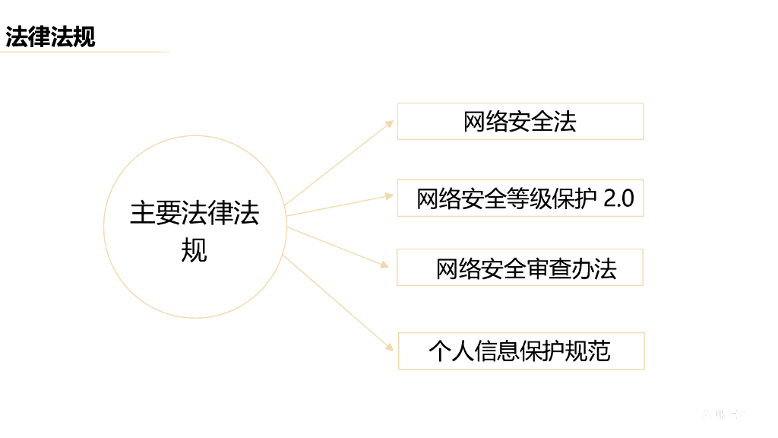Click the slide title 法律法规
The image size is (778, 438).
click(x=51, y=36)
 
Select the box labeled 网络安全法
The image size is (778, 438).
click(x=520, y=122)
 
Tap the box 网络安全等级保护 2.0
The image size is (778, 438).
click(x=520, y=199)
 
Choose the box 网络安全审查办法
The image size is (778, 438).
click(x=520, y=268)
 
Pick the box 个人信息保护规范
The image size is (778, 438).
click(x=520, y=351)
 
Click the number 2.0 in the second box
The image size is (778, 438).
click(x=618, y=199)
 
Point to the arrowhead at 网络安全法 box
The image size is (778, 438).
click(x=389, y=124)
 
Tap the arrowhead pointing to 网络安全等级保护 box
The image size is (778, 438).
click(x=388, y=195)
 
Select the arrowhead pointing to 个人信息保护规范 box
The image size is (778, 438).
click(x=389, y=347)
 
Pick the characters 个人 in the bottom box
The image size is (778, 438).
click(x=451, y=351)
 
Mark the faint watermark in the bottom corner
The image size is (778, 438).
click(x=724, y=414)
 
